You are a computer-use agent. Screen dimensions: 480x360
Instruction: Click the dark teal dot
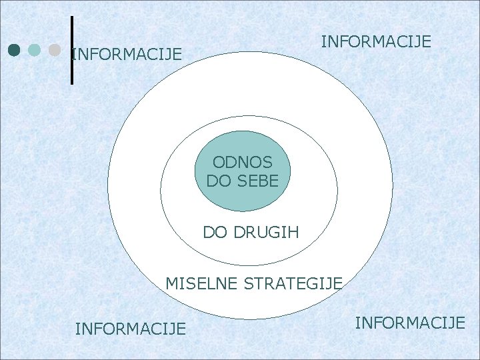pos(15,50)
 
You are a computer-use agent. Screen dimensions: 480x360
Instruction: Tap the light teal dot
pos(35,50)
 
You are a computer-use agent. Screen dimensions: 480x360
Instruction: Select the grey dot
pos(55,50)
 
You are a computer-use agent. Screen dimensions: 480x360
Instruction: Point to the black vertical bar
pos(71,50)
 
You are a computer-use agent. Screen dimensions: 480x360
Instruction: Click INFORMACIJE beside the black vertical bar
pos(127,53)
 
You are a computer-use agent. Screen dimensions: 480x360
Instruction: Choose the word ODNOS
pos(242,162)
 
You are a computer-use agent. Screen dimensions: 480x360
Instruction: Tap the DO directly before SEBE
pos(218,180)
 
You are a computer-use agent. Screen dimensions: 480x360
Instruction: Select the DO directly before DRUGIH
pos(214,233)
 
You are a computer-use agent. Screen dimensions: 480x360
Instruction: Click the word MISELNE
pos(201,283)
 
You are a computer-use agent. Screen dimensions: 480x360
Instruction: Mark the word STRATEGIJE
pos(293,283)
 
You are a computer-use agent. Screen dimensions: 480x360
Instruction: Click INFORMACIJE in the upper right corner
pos(376,42)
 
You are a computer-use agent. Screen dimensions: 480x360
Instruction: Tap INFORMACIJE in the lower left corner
pos(131,328)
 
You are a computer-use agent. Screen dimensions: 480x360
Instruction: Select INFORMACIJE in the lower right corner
pos(410,323)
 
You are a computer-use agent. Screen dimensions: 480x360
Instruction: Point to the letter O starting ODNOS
pos(219,162)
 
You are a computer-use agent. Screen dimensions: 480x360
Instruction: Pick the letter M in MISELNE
pos(171,283)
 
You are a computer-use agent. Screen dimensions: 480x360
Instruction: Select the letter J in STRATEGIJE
pos(331,284)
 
